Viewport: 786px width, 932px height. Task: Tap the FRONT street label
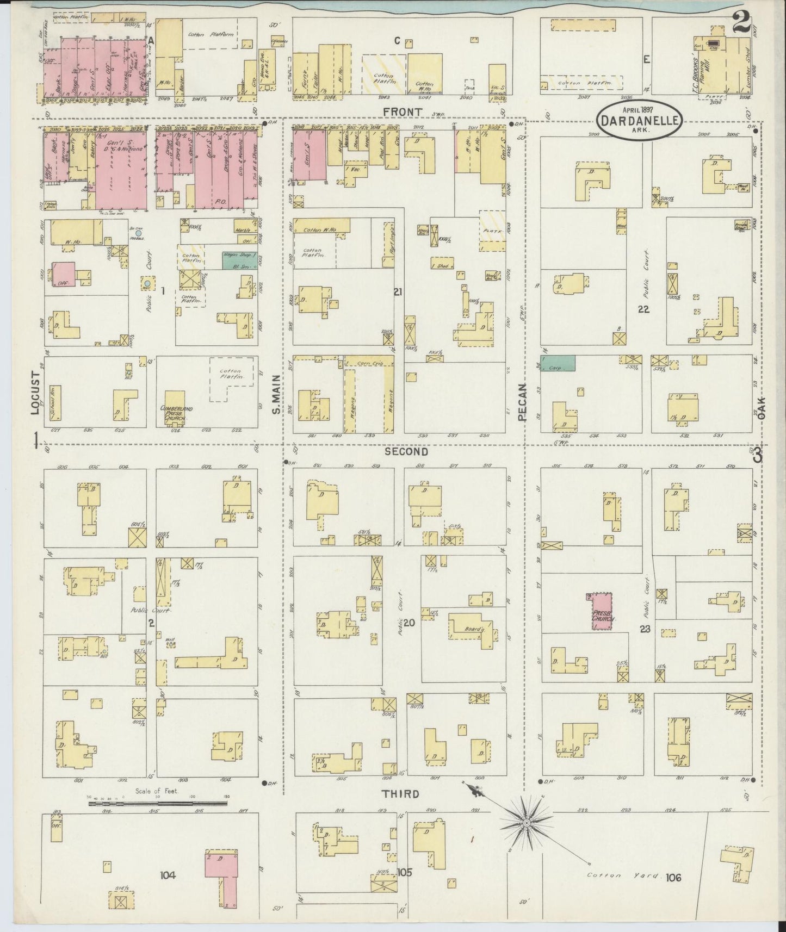[x=402, y=112]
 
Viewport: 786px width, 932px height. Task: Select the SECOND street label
[x=406, y=451]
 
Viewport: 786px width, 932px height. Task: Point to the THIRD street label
[x=400, y=794]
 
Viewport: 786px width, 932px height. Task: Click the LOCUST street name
[x=36, y=393]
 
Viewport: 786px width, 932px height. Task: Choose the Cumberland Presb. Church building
[x=175, y=408]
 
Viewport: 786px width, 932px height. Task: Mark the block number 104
[x=168, y=875]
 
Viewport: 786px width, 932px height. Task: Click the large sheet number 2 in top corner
[x=741, y=23]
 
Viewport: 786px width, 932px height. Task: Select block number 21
[x=398, y=293]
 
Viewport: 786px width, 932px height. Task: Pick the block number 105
[x=404, y=872]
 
